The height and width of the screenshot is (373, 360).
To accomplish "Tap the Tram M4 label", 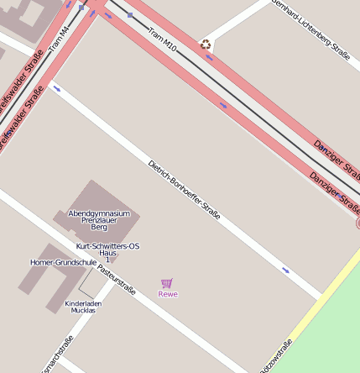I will (60, 39).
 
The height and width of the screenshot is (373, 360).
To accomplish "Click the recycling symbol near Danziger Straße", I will (206, 45).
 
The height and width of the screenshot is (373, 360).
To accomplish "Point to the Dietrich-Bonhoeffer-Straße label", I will (184, 190).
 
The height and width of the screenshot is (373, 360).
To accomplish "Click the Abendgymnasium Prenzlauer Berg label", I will (100, 220).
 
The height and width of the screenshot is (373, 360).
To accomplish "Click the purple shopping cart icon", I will (167, 283).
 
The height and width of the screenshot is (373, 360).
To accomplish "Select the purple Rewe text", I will (168, 294).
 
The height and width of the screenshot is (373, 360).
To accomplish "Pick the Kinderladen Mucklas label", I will (83, 307).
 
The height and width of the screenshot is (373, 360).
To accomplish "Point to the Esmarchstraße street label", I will (57, 355).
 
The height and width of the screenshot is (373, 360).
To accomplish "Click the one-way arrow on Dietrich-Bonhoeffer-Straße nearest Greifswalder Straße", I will (57, 87).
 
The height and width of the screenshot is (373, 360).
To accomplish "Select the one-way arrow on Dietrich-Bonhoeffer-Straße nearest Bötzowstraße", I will (286, 271).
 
